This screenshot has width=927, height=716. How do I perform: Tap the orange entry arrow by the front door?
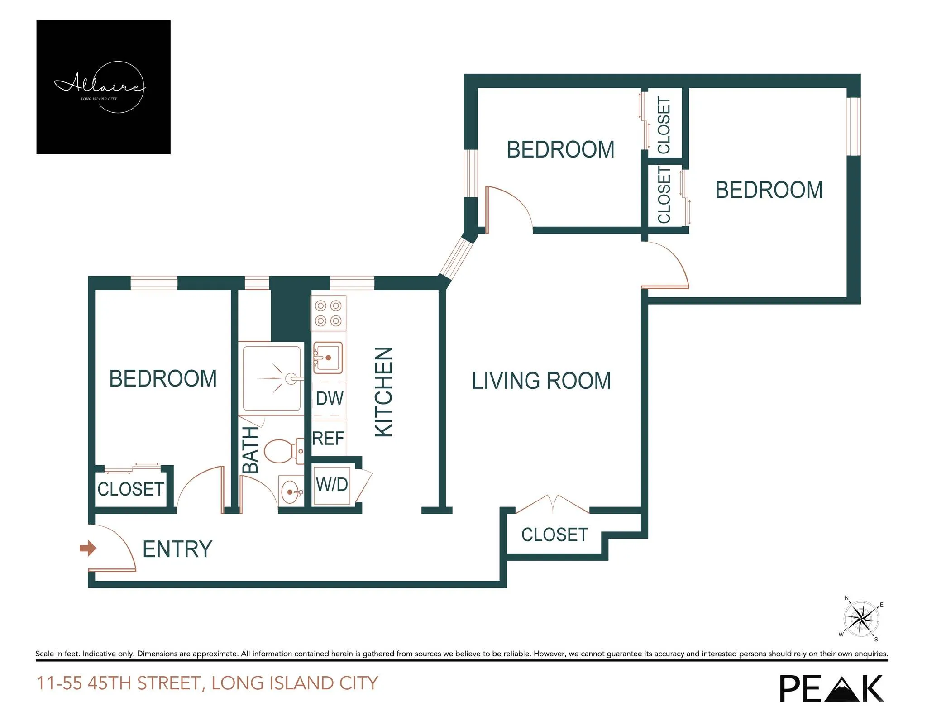[88, 548]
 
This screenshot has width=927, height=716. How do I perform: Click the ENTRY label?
[177, 549]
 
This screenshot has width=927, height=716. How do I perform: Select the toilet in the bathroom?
[280, 451]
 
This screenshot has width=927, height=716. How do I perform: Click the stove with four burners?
[328, 313]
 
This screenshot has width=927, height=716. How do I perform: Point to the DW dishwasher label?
[330, 399]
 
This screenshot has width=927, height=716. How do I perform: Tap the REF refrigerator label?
[328, 438]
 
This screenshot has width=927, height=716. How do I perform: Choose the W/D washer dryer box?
[332, 485]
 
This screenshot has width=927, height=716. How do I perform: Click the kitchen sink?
[328, 358]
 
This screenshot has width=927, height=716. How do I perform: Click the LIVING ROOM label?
[541, 381]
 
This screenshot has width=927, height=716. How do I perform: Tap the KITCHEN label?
[384, 392]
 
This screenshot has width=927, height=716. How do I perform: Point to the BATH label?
[250, 449]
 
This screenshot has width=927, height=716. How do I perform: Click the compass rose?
[861, 619]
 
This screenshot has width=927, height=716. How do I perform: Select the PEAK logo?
[831, 688]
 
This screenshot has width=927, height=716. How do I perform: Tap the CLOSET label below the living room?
[554, 535]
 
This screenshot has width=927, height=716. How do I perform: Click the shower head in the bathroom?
[292, 378]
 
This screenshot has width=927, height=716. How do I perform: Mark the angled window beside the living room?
[457, 258]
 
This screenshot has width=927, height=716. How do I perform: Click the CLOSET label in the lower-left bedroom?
[130, 489]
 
